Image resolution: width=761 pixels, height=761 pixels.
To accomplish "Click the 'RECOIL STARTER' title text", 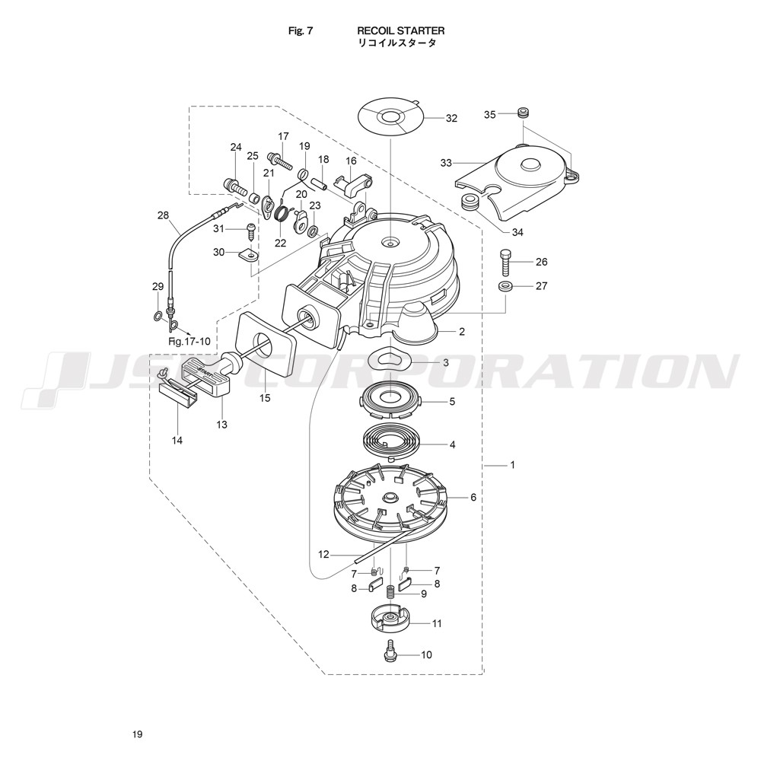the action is tap(400, 30).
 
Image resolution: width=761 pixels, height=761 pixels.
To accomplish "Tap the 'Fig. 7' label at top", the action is tap(301, 30).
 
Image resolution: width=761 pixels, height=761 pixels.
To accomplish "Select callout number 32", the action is tap(451, 118).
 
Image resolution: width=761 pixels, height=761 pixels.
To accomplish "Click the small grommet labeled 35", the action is tap(522, 113).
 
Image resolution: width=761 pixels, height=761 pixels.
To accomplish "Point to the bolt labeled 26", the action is tap(505, 262).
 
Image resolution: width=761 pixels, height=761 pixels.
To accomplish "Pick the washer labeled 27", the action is tap(505, 286).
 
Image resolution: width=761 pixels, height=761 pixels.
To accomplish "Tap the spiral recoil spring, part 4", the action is tap(392, 438).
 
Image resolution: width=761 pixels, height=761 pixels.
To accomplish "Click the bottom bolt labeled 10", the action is tap(389, 650).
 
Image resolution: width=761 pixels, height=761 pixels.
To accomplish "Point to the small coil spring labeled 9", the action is tap(390, 593).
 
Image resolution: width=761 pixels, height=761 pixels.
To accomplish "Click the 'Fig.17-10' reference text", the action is tap(189, 341).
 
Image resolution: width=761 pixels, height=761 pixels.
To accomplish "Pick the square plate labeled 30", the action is tap(249, 255).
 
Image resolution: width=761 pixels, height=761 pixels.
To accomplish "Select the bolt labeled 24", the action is tap(234, 186).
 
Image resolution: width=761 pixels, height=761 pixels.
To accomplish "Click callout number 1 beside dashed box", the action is tap(512, 465).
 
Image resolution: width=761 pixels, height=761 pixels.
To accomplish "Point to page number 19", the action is tap(137, 734).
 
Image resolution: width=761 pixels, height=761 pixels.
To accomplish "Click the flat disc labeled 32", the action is tap(390, 117).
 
